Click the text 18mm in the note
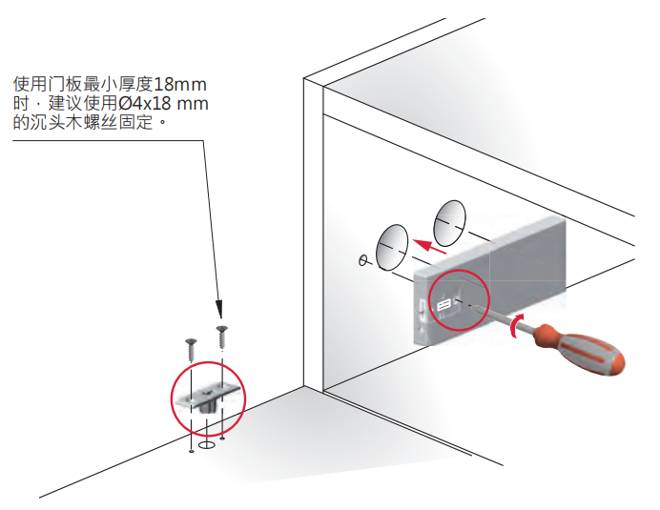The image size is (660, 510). (x=180, y=83)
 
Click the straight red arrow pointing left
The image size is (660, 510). (x=433, y=247)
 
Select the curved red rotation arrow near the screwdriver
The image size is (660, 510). (x=516, y=327)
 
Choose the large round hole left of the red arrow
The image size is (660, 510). (x=391, y=249)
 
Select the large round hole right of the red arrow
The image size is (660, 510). (x=449, y=222)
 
